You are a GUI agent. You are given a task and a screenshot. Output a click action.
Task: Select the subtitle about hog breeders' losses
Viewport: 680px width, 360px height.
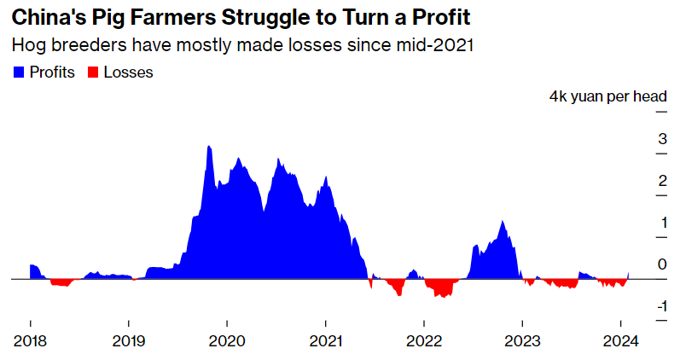tap(243, 44)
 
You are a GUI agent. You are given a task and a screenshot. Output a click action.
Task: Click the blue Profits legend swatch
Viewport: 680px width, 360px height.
tap(19, 73)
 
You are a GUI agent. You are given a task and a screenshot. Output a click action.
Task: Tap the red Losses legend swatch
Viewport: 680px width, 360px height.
tap(93, 73)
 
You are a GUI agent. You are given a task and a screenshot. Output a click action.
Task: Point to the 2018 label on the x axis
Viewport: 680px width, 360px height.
tap(30, 341)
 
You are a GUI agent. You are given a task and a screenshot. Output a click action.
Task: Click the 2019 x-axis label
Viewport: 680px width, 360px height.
tap(128, 341)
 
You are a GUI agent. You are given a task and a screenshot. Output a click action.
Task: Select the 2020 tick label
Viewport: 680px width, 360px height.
tap(227, 341)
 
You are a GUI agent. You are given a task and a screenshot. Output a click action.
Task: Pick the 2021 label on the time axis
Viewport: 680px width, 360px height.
tap(325, 341)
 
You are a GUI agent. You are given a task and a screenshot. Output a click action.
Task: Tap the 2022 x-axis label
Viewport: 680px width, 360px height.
tap(424, 341)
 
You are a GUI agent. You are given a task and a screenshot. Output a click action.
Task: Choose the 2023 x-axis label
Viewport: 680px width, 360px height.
tap(522, 341)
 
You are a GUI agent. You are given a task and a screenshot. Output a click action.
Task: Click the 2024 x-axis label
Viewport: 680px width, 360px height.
tap(621, 341)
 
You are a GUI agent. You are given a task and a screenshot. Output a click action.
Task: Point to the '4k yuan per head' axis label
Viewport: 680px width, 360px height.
tap(607, 97)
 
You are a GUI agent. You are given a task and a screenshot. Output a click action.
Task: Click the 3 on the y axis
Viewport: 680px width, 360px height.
tap(662, 139)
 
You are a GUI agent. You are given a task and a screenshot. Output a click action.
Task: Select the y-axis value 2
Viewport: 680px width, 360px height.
tap(662, 181)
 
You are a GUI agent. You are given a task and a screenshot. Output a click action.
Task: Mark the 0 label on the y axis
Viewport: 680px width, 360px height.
tap(662, 264)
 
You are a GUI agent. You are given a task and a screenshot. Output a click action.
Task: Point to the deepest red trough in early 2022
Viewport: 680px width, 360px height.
tap(441, 295)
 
